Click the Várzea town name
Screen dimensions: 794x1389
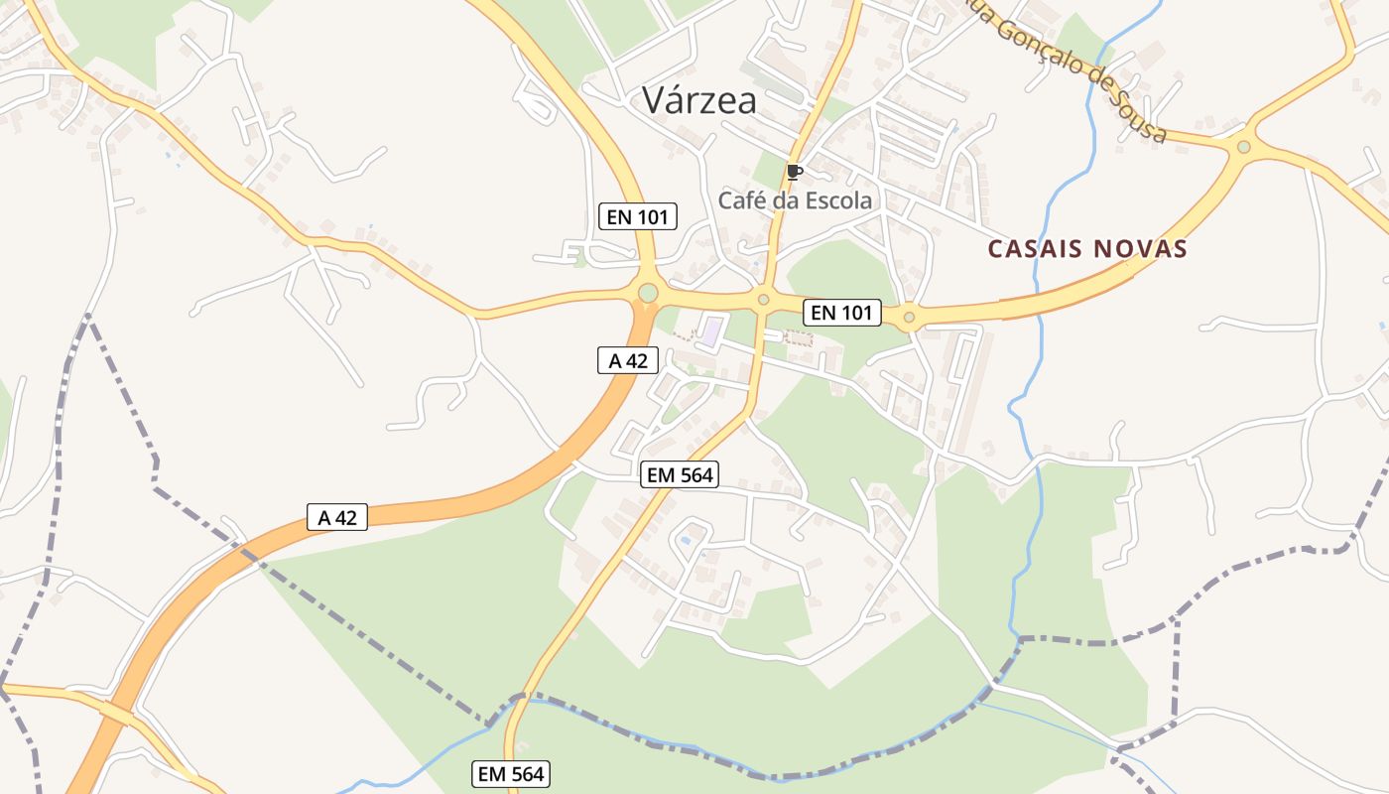click(x=698, y=100)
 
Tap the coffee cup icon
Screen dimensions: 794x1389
click(x=794, y=172)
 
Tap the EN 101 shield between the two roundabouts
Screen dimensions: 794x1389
click(x=841, y=313)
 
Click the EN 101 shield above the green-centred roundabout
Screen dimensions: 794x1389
click(x=638, y=216)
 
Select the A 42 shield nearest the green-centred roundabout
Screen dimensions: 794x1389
click(x=627, y=361)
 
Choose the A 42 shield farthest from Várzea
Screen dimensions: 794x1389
click(x=337, y=517)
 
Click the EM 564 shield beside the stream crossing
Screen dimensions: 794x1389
click(x=511, y=774)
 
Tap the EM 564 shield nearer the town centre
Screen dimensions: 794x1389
click(x=680, y=475)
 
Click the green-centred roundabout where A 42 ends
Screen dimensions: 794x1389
click(x=648, y=293)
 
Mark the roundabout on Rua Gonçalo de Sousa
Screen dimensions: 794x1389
click(x=1243, y=147)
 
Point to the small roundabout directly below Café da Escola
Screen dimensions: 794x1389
click(x=763, y=299)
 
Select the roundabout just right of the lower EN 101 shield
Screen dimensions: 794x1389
click(x=909, y=318)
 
